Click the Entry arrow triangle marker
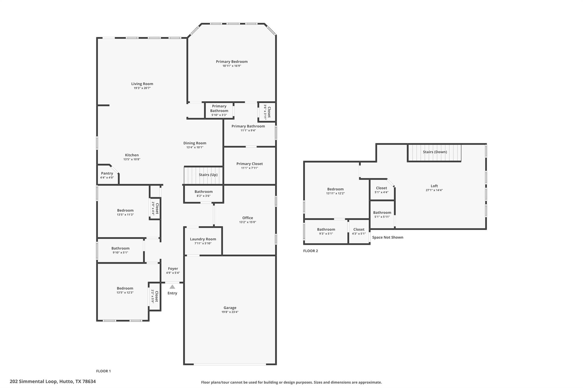click(172, 287)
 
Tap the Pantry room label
click(107, 173)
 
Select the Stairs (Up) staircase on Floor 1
click(203, 175)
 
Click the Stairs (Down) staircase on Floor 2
click(434, 152)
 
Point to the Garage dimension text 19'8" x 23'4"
click(230, 312)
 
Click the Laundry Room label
click(203, 239)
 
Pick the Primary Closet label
click(249, 164)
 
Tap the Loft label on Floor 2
click(434, 186)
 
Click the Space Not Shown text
click(387, 237)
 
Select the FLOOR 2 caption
click(310, 251)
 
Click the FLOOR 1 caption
click(103, 371)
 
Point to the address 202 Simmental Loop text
click(53, 381)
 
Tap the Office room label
click(247, 218)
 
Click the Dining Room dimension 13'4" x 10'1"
click(195, 148)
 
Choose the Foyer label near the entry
click(173, 269)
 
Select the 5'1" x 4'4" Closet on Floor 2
click(381, 190)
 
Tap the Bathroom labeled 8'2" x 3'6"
click(204, 194)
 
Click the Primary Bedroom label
click(231, 62)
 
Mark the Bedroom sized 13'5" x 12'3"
click(125, 290)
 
